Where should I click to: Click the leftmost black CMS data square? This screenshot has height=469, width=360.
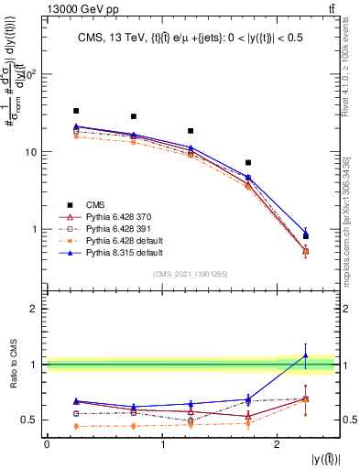coord(76,111)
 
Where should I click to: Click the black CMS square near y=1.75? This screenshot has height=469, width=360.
coord(248,162)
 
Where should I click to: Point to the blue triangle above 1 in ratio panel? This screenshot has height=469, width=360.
coord(306,355)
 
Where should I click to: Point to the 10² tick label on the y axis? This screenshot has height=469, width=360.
coord(29,74)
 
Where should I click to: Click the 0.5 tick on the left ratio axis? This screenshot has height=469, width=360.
coord(31,420)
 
